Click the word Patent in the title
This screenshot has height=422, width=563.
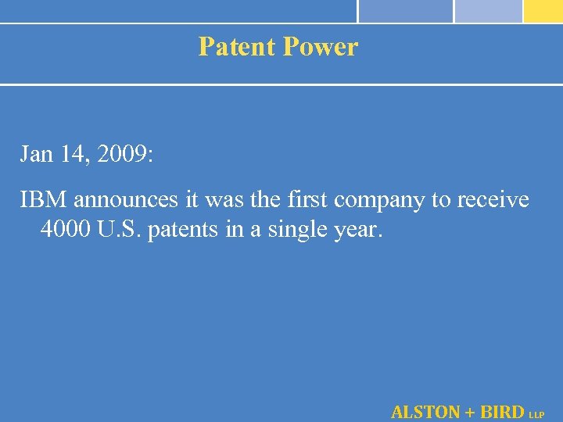(237, 47)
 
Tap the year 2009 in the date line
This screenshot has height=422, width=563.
(121, 155)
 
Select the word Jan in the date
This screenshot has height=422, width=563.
(34, 155)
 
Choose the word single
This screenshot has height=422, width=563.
(296, 231)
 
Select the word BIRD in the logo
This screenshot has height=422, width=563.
(501, 411)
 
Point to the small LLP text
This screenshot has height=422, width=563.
(537, 415)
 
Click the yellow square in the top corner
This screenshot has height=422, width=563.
(543, 10)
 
